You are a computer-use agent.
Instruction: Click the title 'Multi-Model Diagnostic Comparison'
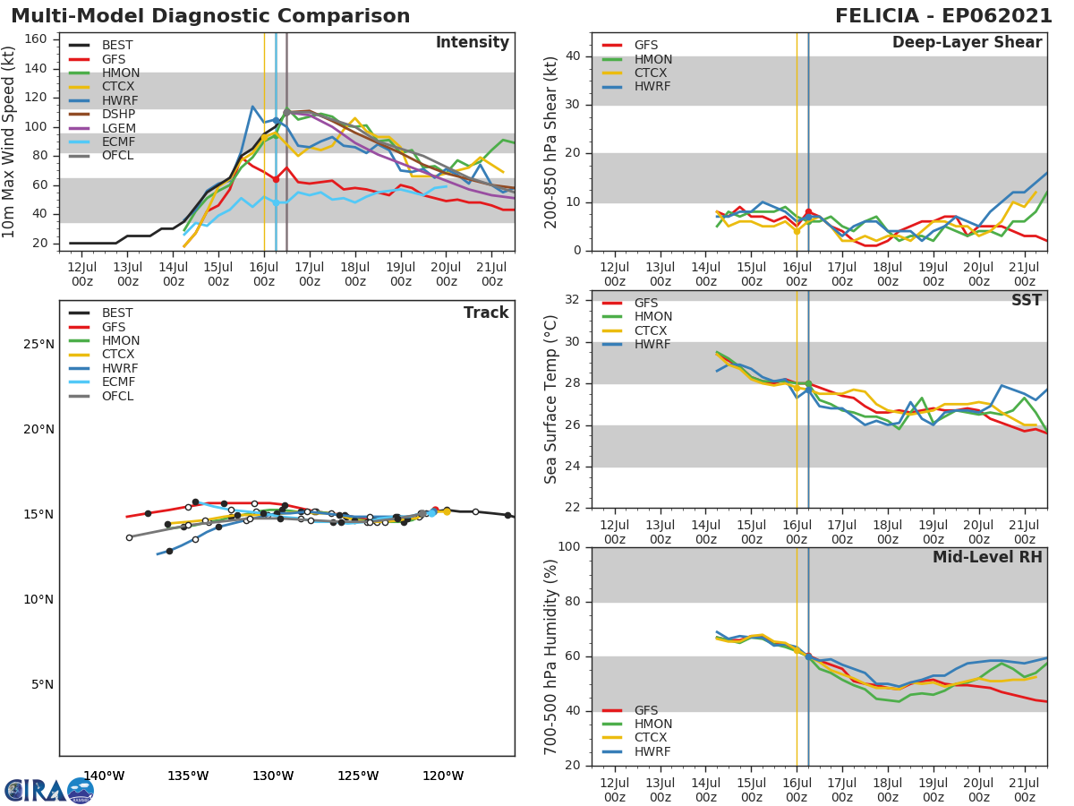coord(210,16)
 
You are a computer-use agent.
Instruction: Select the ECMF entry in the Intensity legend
coord(117,141)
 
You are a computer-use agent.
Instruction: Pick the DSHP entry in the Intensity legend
coord(118,114)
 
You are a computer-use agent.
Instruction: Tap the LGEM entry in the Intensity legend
coord(117,128)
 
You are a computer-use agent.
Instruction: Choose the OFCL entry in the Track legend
coord(117,396)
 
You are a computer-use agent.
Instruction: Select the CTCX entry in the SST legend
coord(652,330)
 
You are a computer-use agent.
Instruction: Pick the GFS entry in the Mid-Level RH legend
coord(645,710)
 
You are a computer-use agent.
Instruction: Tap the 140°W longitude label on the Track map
coord(104,776)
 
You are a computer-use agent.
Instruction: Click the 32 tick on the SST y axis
coord(573,300)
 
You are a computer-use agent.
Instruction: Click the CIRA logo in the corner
coord(48,790)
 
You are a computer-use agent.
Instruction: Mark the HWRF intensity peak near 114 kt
coord(253,107)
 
